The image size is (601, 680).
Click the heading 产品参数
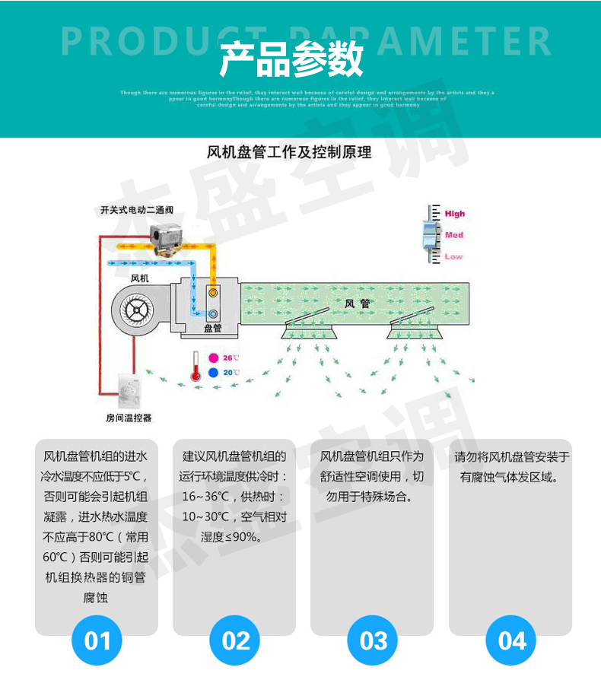click(x=291, y=59)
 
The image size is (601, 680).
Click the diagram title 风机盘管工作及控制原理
click(x=289, y=152)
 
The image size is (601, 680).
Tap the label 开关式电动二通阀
click(x=137, y=210)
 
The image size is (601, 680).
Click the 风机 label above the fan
click(x=140, y=278)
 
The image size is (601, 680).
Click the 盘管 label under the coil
click(x=213, y=329)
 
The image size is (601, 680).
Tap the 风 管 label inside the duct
click(x=357, y=303)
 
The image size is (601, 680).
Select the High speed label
click(x=455, y=214)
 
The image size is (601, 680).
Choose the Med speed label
click(x=454, y=235)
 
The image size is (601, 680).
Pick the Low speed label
click(x=453, y=256)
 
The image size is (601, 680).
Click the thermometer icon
click(x=196, y=365)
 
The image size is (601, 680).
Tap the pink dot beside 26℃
click(x=214, y=357)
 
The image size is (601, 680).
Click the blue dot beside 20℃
click(x=214, y=373)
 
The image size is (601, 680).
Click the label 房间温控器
click(x=129, y=418)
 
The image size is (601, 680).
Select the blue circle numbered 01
click(x=97, y=640)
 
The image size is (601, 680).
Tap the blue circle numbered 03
click(x=373, y=640)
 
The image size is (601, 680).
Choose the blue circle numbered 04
click(x=511, y=640)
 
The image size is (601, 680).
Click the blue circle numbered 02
click(x=235, y=640)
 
